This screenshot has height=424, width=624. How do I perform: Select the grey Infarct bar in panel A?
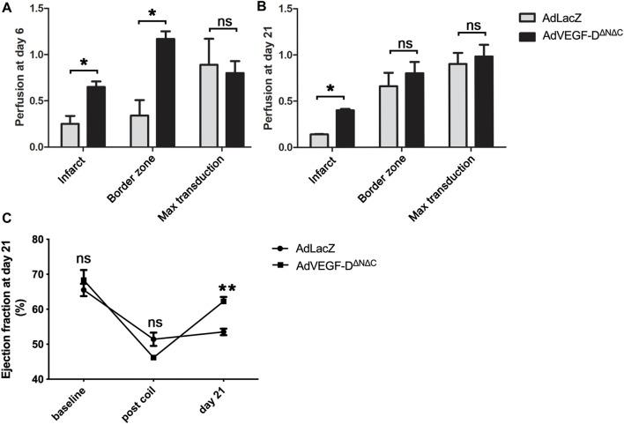(71, 135)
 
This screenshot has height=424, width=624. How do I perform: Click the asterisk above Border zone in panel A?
(152, 16)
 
